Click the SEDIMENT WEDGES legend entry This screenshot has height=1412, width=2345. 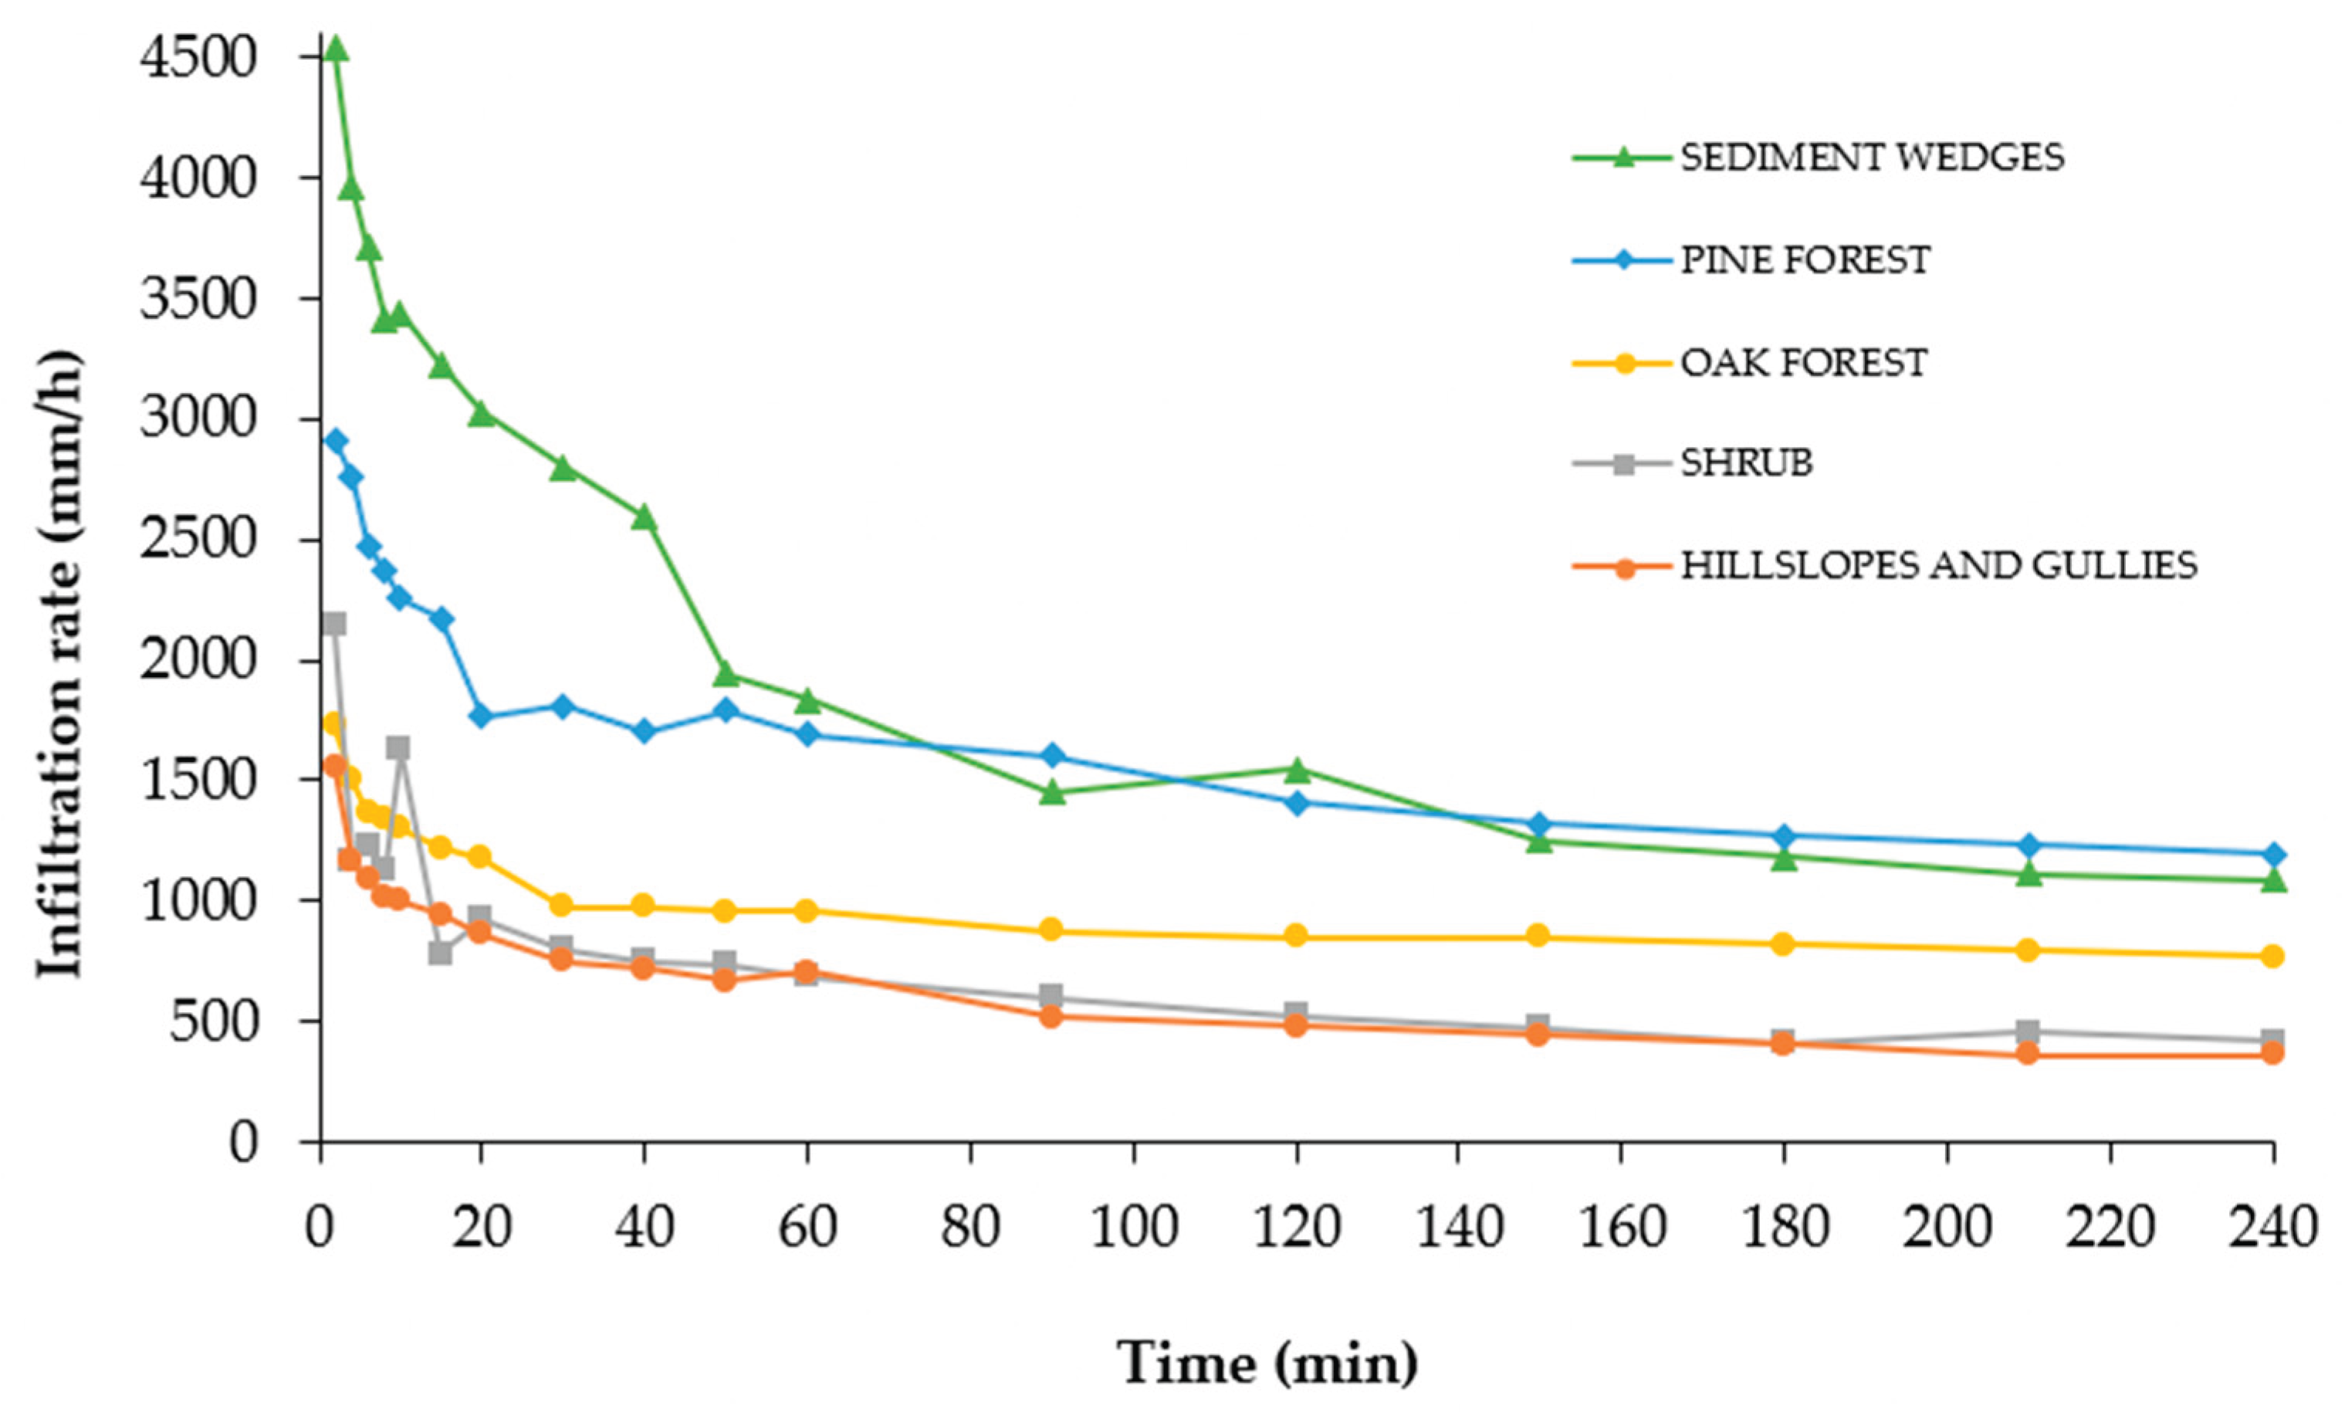[x=1871, y=157]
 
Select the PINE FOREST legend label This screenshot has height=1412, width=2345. [x=1805, y=259]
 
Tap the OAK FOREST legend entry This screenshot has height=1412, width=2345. [x=1803, y=363]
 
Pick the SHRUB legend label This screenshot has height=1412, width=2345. [x=1747, y=463]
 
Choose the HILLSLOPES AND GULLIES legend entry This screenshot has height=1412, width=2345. [x=1939, y=566]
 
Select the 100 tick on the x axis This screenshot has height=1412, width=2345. [x=1133, y=1227]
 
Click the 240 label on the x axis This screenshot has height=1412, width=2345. [x=2272, y=1227]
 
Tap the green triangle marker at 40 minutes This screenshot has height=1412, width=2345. [x=644, y=516]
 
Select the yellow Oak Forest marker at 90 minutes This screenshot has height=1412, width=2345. [x=1051, y=929]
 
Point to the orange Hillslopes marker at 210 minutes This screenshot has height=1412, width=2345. [x=2027, y=1053]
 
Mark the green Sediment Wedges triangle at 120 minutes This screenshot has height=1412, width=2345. [x=1296, y=770]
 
